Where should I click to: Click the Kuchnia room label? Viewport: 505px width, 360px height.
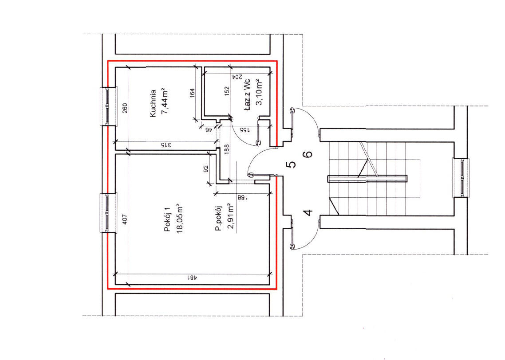pos(153,103)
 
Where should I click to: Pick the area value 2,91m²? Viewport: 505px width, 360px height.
pos(230,216)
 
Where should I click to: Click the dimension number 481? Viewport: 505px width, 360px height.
pos(192,278)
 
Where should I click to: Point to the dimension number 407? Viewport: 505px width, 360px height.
pos(125,219)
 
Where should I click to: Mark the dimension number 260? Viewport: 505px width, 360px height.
pos(125,108)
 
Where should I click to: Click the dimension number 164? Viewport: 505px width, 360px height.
pos(192,93)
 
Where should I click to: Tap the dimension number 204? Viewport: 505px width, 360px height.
pos(237,77)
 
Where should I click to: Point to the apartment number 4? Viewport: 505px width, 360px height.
pos(308,213)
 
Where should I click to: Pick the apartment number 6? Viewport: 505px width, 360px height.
pos(308,154)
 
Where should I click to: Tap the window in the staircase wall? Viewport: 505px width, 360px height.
pos(462,178)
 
